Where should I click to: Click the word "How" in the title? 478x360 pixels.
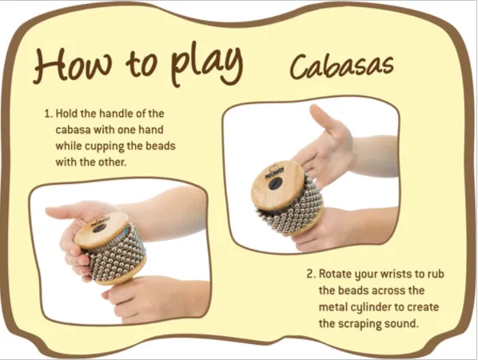point(73,64)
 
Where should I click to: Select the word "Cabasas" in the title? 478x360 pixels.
point(341,66)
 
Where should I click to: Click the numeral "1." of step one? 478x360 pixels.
point(49,114)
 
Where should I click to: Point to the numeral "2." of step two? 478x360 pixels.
point(311,274)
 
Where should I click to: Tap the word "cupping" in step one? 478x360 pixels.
point(104,146)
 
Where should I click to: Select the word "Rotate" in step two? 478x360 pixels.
point(334,274)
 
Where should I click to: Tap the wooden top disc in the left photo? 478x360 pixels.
point(101,230)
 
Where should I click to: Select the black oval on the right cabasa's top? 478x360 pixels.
point(275,182)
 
